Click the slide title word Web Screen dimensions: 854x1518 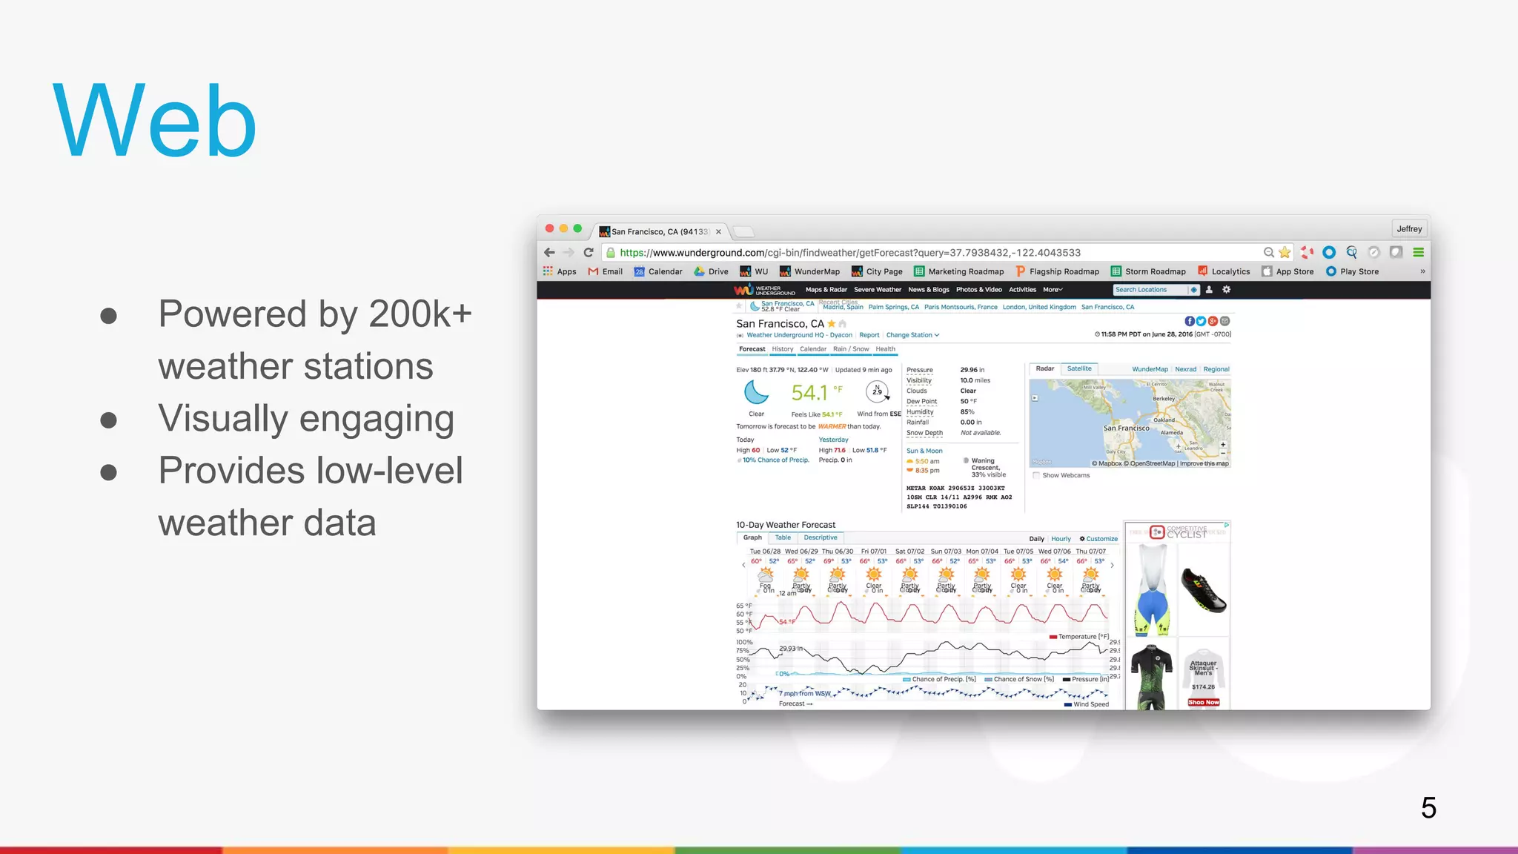click(154, 121)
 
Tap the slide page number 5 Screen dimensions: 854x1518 click(1428, 807)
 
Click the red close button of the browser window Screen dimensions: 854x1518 click(549, 229)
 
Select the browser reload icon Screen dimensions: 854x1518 click(589, 253)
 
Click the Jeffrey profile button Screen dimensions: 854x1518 click(1409, 229)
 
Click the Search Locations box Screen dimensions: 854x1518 click(1150, 290)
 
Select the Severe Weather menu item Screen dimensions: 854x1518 click(878, 290)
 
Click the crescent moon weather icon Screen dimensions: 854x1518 click(756, 392)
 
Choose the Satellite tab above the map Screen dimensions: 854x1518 click(1079, 369)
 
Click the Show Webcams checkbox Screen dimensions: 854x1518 click(1036, 476)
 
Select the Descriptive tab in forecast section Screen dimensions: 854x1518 click(821, 538)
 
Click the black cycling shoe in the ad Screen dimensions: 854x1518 click(1203, 589)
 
